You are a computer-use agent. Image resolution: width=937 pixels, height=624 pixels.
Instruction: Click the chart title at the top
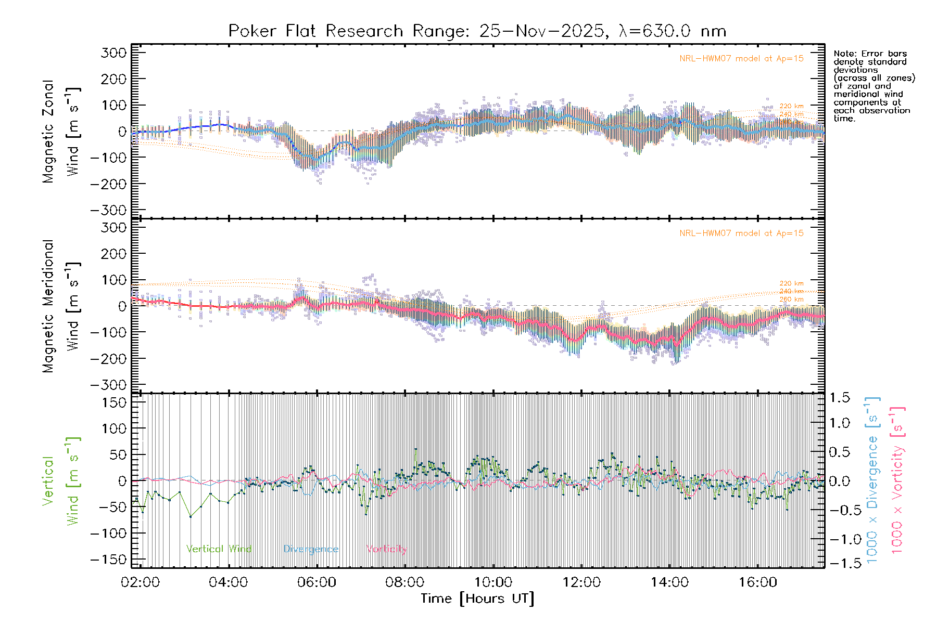tap(477, 31)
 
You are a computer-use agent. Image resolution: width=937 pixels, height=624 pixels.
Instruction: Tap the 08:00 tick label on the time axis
tap(404, 582)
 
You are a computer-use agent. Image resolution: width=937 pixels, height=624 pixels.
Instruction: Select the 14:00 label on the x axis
tap(669, 582)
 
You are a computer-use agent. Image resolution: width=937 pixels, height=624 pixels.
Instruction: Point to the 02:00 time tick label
tap(140, 582)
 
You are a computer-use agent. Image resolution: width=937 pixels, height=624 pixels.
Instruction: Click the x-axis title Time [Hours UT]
tap(477, 599)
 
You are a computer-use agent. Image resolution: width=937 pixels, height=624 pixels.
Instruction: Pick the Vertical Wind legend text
tap(219, 549)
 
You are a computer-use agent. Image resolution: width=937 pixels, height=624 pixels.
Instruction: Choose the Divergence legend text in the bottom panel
tap(311, 549)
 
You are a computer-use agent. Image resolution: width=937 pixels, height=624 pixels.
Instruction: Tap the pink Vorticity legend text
tap(386, 549)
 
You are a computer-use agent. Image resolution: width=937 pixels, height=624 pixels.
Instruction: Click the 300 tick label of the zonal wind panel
tap(113, 53)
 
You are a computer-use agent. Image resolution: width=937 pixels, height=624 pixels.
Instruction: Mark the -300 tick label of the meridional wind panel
tap(108, 385)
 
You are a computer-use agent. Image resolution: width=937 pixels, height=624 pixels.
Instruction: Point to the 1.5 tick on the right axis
tap(839, 398)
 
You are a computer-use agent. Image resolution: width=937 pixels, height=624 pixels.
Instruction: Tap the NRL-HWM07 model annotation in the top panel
tap(741, 59)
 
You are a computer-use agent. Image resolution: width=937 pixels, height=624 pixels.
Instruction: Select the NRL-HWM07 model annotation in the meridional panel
tap(741, 233)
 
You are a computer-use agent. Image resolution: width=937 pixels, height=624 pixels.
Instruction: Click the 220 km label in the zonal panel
tap(791, 107)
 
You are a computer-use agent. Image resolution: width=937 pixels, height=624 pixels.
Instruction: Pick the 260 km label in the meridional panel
tap(791, 300)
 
